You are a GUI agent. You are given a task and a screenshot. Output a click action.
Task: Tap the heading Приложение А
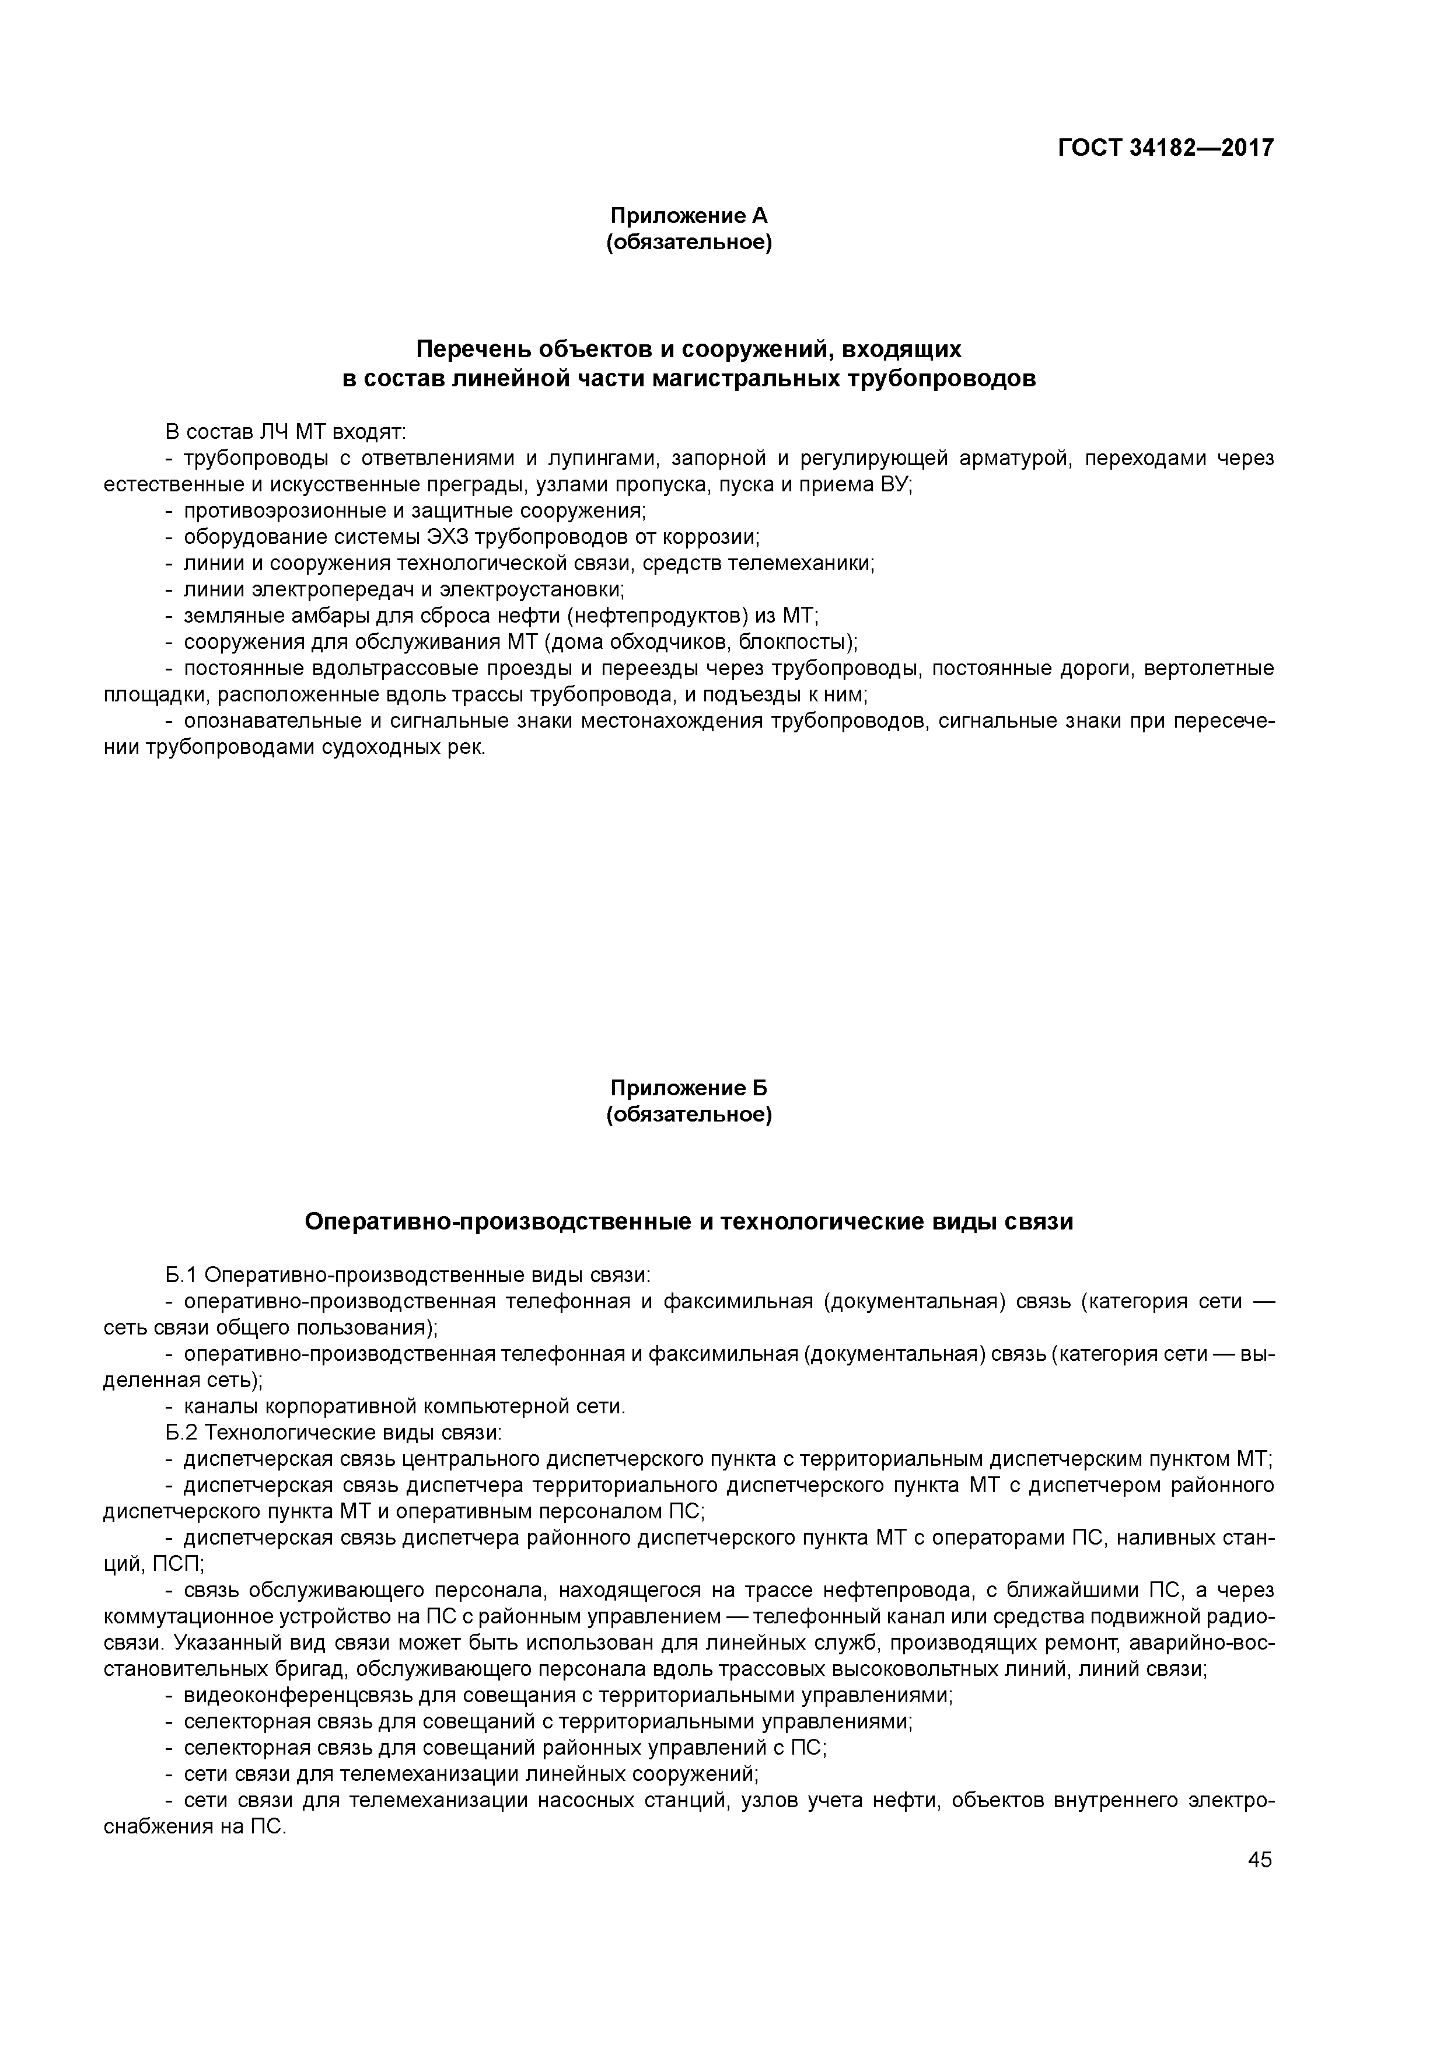(688, 216)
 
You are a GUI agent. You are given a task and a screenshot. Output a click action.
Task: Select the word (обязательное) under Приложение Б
(688, 1115)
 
